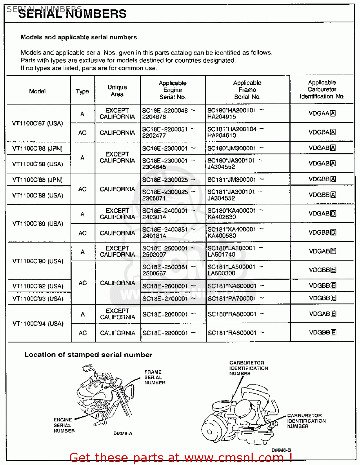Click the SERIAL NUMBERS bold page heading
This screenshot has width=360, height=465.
point(72,14)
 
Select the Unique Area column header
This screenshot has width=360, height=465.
point(117,91)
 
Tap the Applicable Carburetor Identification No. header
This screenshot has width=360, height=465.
point(322,90)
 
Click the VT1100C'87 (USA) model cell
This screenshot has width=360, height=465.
point(37,123)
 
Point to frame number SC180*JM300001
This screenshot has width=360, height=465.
point(232,148)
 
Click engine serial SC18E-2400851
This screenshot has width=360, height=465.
point(165,229)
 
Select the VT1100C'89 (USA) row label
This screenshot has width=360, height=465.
point(38,224)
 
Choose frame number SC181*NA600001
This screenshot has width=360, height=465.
point(232,286)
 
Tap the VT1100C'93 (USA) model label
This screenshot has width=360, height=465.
point(38,299)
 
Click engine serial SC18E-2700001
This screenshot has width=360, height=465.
point(165,299)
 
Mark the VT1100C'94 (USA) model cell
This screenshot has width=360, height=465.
point(38,324)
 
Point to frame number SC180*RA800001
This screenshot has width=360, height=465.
point(232,314)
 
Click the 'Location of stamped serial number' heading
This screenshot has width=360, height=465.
point(88,355)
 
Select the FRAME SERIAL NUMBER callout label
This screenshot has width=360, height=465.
point(155,377)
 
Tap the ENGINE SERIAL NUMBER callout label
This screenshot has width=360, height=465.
point(64,425)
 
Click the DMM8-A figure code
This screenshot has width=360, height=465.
point(123,433)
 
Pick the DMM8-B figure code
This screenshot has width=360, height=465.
point(281,450)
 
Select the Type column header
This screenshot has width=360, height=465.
point(82,91)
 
